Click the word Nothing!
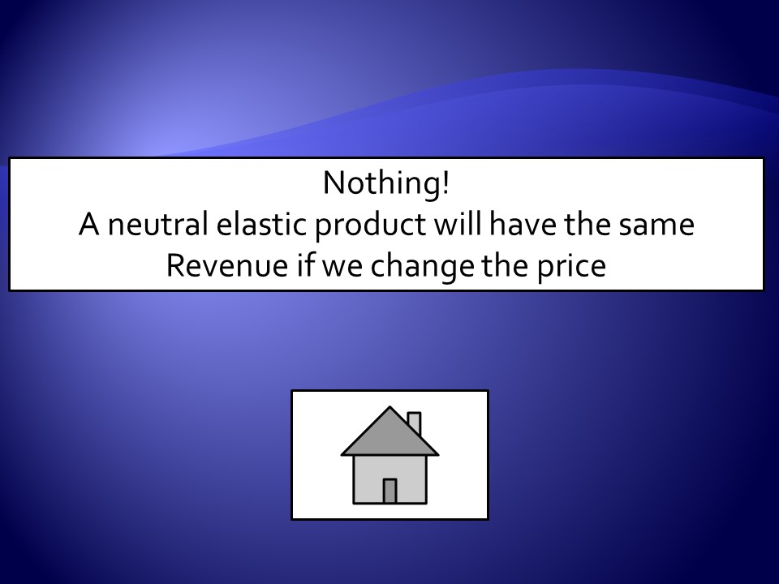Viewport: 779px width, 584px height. [x=386, y=183]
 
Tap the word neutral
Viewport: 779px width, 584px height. [x=157, y=224]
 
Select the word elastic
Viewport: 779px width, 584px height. [x=260, y=224]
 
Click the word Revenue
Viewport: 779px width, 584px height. [x=227, y=265]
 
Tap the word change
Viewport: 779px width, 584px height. [x=422, y=267]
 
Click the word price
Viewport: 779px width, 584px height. [x=571, y=267]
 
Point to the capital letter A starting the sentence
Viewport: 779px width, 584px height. [x=89, y=224]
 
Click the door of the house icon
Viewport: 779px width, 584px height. [x=389, y=492]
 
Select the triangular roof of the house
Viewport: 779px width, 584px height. [x=389, y=437]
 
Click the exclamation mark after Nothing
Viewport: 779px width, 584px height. [x=445, y=182]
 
